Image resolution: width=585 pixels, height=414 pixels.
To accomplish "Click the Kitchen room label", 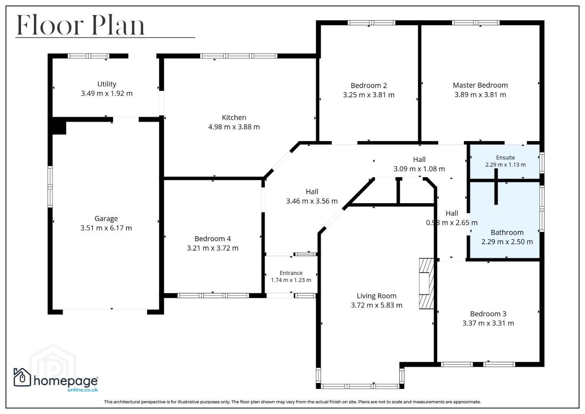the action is pos(234,118).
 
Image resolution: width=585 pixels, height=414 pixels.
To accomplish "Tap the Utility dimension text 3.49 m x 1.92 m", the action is pos(107,93).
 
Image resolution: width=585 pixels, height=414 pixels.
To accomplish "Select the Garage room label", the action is pos(106,219).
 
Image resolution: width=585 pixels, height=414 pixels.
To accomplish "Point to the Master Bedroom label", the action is pos(480,85).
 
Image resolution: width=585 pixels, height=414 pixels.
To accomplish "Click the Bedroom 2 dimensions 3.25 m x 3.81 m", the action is pos(369,95).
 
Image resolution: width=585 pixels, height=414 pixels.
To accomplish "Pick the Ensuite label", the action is pos(505,158).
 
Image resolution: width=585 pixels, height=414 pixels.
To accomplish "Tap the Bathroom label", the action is pos(507,232).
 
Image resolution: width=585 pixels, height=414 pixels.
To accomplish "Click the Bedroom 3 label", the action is pos(488,314).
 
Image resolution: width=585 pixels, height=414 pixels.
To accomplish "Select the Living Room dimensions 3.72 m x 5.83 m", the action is pos(376,305).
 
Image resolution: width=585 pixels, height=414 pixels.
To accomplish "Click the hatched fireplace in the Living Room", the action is pos(426,284).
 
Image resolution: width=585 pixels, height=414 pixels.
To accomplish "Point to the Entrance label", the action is pos(291,273).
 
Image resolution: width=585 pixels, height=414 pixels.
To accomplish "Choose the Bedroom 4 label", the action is pos(213,238).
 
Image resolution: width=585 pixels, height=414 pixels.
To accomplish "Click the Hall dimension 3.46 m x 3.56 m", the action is pos(312,201).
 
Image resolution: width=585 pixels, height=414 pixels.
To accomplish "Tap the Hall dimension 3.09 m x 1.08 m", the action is pos(419,169).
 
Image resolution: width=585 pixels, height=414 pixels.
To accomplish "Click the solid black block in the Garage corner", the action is pos(59,126).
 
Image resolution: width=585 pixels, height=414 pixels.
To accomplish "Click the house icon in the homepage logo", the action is pos(22,377).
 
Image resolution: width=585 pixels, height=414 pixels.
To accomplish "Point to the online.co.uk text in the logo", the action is pos(82,390).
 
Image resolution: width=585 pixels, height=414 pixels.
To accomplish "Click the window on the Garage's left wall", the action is pos(50,187).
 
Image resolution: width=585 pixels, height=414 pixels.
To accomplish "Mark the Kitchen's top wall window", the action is pos(238,56).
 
